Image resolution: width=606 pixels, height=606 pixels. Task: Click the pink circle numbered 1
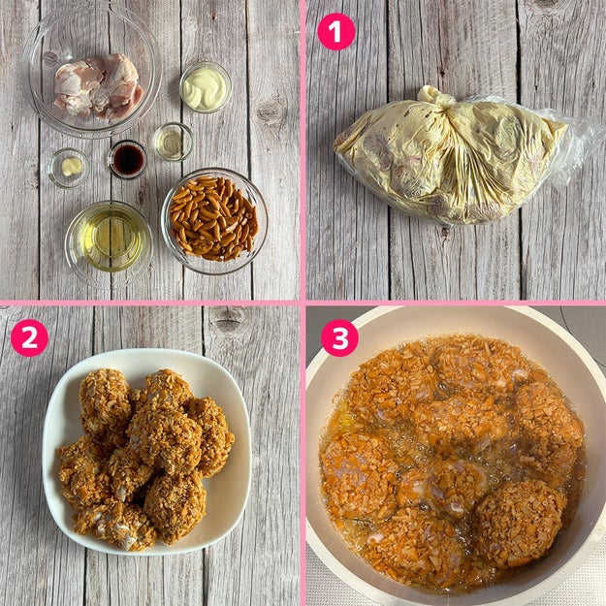tap(336, 31)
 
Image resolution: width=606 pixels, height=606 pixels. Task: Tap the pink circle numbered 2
tap(29, 337)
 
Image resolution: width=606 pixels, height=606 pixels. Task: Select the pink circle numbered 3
tap(339, 337)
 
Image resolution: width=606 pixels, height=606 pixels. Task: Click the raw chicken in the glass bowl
tap(98, 85)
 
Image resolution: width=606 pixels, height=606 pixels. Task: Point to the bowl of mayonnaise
tap(206, 87)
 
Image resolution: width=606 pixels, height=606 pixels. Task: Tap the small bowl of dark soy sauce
tap(127, 159)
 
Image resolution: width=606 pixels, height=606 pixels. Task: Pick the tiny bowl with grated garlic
tap(69, 168)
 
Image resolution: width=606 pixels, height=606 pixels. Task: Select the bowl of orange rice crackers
tap(214, 221)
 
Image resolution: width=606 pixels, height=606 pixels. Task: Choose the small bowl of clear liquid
tap(174, 142)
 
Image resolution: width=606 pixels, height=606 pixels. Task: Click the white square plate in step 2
tap(146, 451)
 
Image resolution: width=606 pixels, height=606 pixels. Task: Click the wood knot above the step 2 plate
tap(229, 319)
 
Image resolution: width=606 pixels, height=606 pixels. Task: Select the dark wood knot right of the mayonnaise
tap(271, 111)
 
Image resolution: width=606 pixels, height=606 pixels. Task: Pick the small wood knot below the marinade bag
tap(444, 232)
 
